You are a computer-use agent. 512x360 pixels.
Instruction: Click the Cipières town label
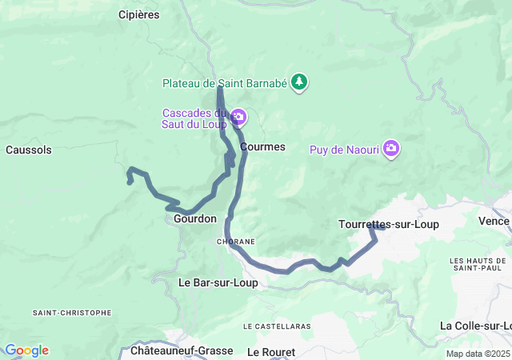[138, 14]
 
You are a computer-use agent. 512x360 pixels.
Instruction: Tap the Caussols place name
[28, 150]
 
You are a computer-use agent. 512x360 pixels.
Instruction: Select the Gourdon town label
[195, 218]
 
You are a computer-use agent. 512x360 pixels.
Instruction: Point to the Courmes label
[262, 147]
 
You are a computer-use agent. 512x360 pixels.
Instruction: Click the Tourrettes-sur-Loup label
[389, 224]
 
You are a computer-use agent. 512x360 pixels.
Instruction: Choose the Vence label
[494, 221]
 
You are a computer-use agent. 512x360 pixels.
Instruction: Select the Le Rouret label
[271, 352]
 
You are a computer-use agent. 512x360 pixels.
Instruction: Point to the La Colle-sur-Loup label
[476, 326]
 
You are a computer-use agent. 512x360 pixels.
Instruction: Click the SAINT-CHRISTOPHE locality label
[72, 313]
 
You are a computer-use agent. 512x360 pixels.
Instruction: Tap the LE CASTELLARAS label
[276, 326]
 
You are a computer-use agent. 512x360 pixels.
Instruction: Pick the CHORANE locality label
[236, 241]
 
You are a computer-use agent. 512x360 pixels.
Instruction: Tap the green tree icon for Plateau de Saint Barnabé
[299, 82]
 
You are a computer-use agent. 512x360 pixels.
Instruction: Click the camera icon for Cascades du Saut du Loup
[238, 118]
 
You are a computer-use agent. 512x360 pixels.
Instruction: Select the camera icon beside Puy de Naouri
[391, 149]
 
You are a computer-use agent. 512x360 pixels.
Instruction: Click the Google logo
[26, 350]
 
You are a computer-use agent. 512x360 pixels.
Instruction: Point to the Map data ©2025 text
[478, 354]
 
